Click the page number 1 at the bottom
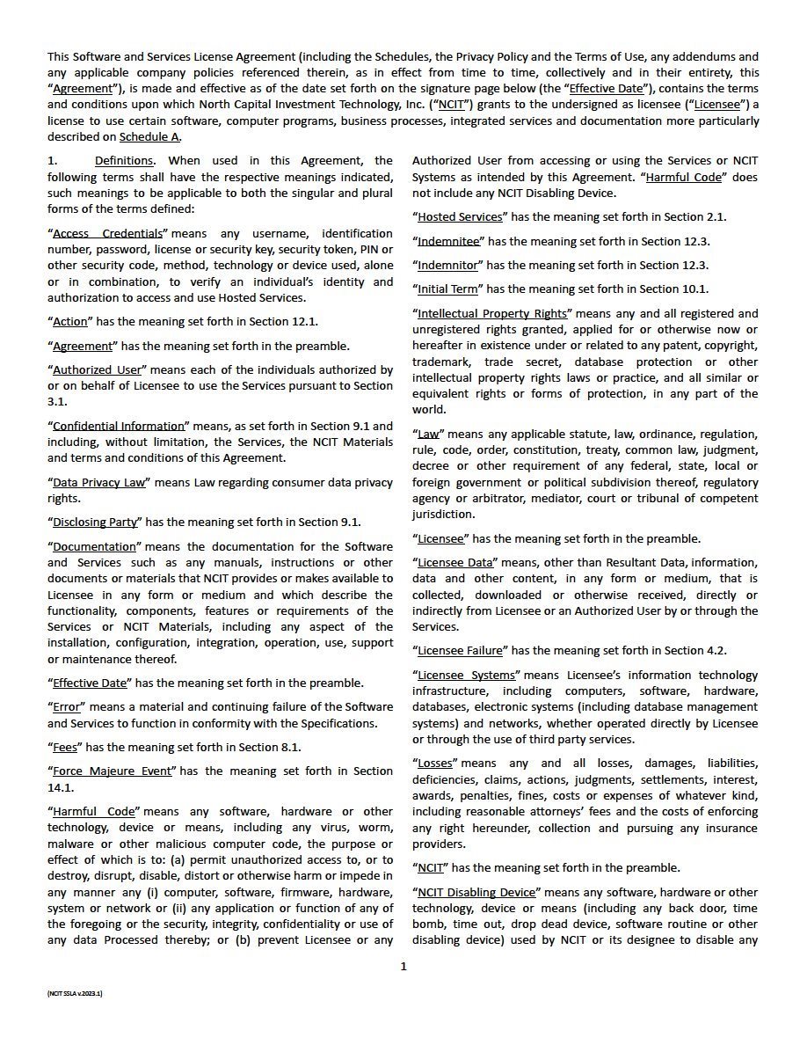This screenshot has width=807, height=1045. point(403,967)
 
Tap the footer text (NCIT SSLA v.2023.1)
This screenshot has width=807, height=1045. point(76,992)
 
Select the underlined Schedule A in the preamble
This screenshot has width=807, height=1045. point(150,136)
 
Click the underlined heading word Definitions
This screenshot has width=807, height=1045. point(124,161)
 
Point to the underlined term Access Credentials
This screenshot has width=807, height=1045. point(108,234)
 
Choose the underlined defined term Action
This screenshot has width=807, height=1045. point(70,322)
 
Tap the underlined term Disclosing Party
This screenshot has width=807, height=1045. point(95,522)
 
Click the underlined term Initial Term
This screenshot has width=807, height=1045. point(448,289)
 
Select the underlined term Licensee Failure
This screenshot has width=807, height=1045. point(460,651)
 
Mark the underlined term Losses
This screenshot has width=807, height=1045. point(435,764)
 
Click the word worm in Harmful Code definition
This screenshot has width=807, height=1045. point(375,828)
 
